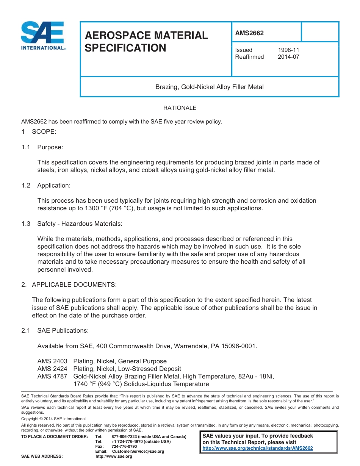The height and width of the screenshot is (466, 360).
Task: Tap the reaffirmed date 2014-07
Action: point(288,57)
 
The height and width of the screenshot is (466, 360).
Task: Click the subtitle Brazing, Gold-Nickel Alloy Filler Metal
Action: point(209,87)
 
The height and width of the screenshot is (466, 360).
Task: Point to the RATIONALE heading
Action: point(180,108)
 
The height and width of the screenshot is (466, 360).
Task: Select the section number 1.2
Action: point(26,185)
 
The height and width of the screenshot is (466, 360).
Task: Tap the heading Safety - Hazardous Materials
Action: point(80,224)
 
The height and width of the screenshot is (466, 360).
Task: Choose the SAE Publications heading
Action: point(63,330)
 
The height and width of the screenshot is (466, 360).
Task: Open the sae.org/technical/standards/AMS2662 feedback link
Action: point(258,448)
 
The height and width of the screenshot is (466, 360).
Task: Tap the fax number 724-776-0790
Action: point(124,446)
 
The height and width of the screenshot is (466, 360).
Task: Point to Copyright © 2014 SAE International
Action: point(53,419)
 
